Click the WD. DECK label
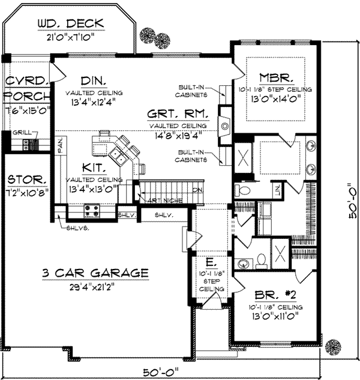(x=70, y=24)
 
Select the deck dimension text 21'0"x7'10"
(x=71, y=38)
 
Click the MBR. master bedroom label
(x=275, y=77)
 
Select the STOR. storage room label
(x=25, y=179)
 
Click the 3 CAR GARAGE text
(x=95, y=273)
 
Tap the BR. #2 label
(x=275, y=295)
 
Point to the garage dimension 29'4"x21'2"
(x=95, y=286)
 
